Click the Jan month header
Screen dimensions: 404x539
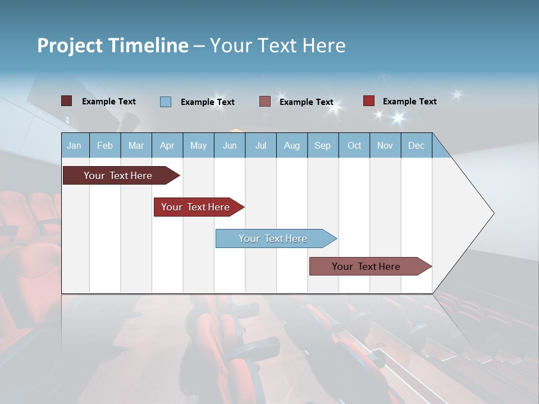(x=75, y=145)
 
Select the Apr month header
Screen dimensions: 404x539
(x=167, y=145)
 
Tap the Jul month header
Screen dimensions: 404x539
(x=261, y=145)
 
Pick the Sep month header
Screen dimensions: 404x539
(x=323, y=145)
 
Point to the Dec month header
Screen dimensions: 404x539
(x=416, y=145)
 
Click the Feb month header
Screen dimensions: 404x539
(x=105, y=145)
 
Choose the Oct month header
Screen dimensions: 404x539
(x=354, y=145)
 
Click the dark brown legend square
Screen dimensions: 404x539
(x=67, y=101)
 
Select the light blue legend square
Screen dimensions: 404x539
(x=166, y=102)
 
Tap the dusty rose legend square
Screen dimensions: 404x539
(x=265, y=102)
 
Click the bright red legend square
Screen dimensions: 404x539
(x=369, y=101)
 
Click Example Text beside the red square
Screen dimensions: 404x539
(x=409, y=102)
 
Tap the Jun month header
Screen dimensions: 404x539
(x=230, y=145)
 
